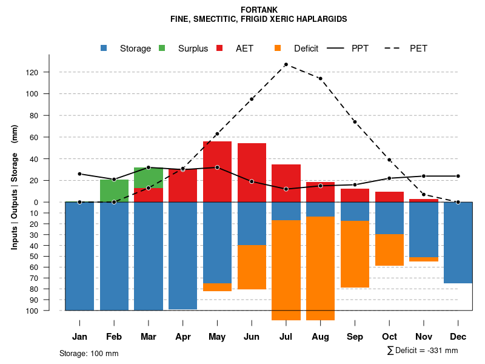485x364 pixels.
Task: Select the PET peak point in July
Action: [x=286, y=64]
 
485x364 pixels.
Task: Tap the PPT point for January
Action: [x=79, y=174]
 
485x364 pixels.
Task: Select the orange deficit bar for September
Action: [x=355, y=254]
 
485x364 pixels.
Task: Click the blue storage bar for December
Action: [x=458, y=243]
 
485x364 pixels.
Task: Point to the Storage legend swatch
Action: [x=104, y=49]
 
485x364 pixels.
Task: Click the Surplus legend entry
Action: [x=193, y=49]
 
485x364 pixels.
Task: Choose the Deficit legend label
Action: [x=306, y=49]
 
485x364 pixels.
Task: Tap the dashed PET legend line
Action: [x=395, y=49]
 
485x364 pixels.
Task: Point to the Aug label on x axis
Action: [x=320, y=337]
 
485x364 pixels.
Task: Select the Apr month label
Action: [x=183, y=337]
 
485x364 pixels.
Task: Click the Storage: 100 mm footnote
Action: [x=89, y=353]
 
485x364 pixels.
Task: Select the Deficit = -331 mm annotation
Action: [x=423, y=351]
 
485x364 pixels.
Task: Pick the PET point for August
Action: [x=320, y=79]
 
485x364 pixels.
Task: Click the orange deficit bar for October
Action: [x=389, y=249]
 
